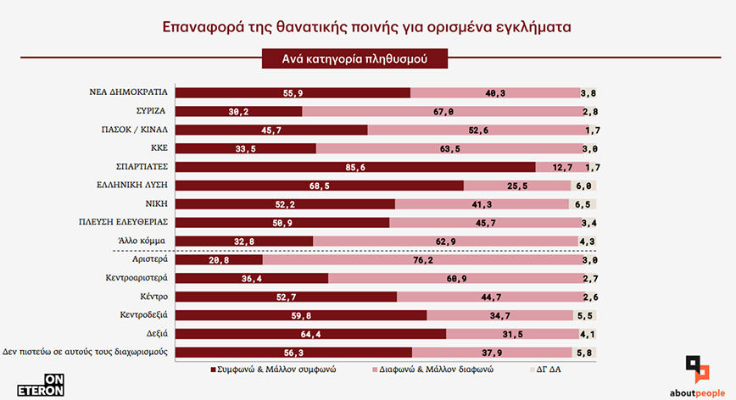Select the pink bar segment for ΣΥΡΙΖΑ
coord(441,111)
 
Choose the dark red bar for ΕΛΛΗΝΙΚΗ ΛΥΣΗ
coord(320,186)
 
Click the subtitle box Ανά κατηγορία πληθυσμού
coord(354,59)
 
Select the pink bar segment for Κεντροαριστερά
coord(454,278)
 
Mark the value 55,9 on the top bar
coord(293,92)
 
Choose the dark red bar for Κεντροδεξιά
coord(301,315)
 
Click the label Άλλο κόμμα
coord(142,242)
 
